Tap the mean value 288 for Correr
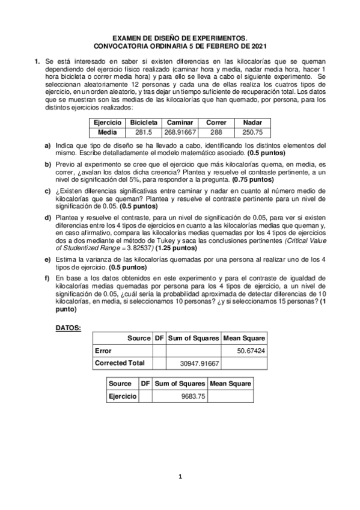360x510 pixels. click(x=216, y=132)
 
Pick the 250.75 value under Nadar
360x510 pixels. click(x=252, y=132)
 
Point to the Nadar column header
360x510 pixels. click(x=252, y=122)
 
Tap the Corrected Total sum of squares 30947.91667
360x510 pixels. click(x=200, y=363)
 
